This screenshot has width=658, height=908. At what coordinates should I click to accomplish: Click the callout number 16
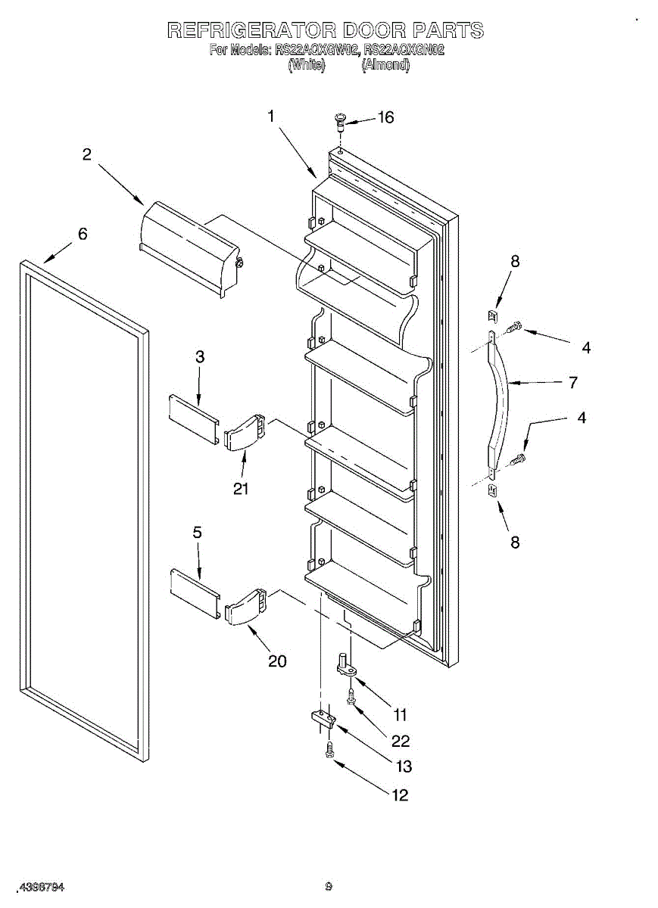[x=386, y=117]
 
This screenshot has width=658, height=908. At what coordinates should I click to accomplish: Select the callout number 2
[x=87, y=154]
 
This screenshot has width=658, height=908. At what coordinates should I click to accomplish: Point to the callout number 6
[x=83, y=234]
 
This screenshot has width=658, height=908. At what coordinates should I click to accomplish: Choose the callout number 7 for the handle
[x=573, y=383]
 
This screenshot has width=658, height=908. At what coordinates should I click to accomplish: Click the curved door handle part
[x=501, y=402]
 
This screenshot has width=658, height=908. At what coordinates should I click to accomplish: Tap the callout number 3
[x=200, y=357]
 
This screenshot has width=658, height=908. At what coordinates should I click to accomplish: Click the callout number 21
[x=241, y=489]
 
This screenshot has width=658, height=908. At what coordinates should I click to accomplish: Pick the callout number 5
[x=197, y=533]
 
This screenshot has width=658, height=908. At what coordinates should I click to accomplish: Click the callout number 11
[x=400, y=714]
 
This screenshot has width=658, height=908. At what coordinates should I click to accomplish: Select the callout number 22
[x=401, y=741]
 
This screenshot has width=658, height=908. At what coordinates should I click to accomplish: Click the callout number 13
[x=404, y=767]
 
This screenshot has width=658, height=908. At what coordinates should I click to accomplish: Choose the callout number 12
[x=400, y=794]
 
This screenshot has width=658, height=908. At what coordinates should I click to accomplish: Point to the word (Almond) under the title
[x=386, y=66]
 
